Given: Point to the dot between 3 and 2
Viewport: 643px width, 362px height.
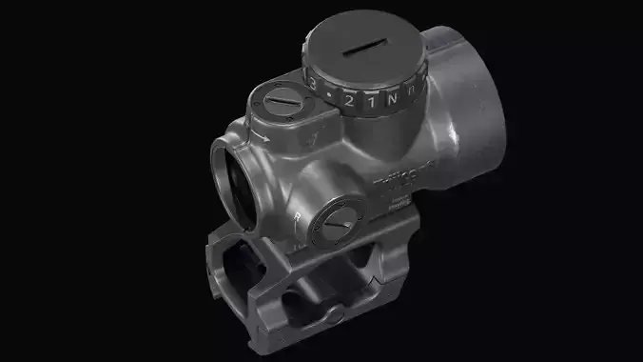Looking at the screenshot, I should click(328, 95).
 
